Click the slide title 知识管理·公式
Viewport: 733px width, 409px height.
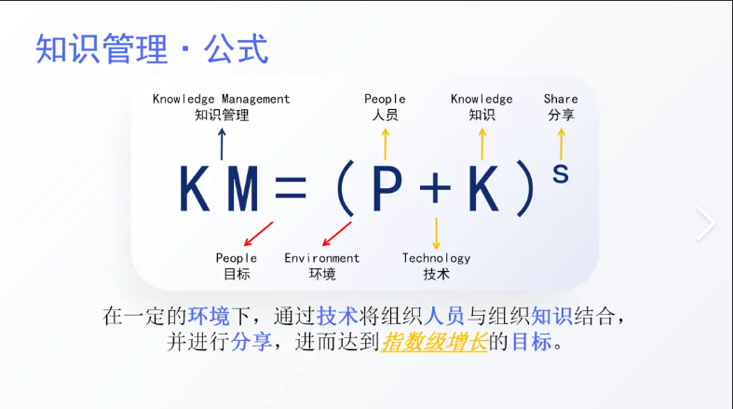pos(152,49)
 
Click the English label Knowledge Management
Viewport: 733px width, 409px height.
pos(222,99)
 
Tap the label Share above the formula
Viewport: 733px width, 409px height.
pos(561,99)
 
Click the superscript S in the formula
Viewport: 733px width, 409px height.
pos(561,172)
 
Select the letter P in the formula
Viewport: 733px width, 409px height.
pos(386,190)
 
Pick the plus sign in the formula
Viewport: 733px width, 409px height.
pos(435,190)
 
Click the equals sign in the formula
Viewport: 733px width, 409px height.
pos(290,191)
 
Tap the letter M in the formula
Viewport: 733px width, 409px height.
pos(242,190)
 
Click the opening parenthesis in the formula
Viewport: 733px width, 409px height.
pos(343,192)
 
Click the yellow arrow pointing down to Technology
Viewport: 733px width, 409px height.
pos(436,232)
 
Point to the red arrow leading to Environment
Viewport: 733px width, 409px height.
pos(336,234)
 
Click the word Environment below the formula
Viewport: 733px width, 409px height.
pos(321,258)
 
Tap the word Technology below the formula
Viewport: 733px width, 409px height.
pos(436,258)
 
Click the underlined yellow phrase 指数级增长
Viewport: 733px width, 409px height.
pos(434,342)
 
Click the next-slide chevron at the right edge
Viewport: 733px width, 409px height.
pos(706,224)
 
